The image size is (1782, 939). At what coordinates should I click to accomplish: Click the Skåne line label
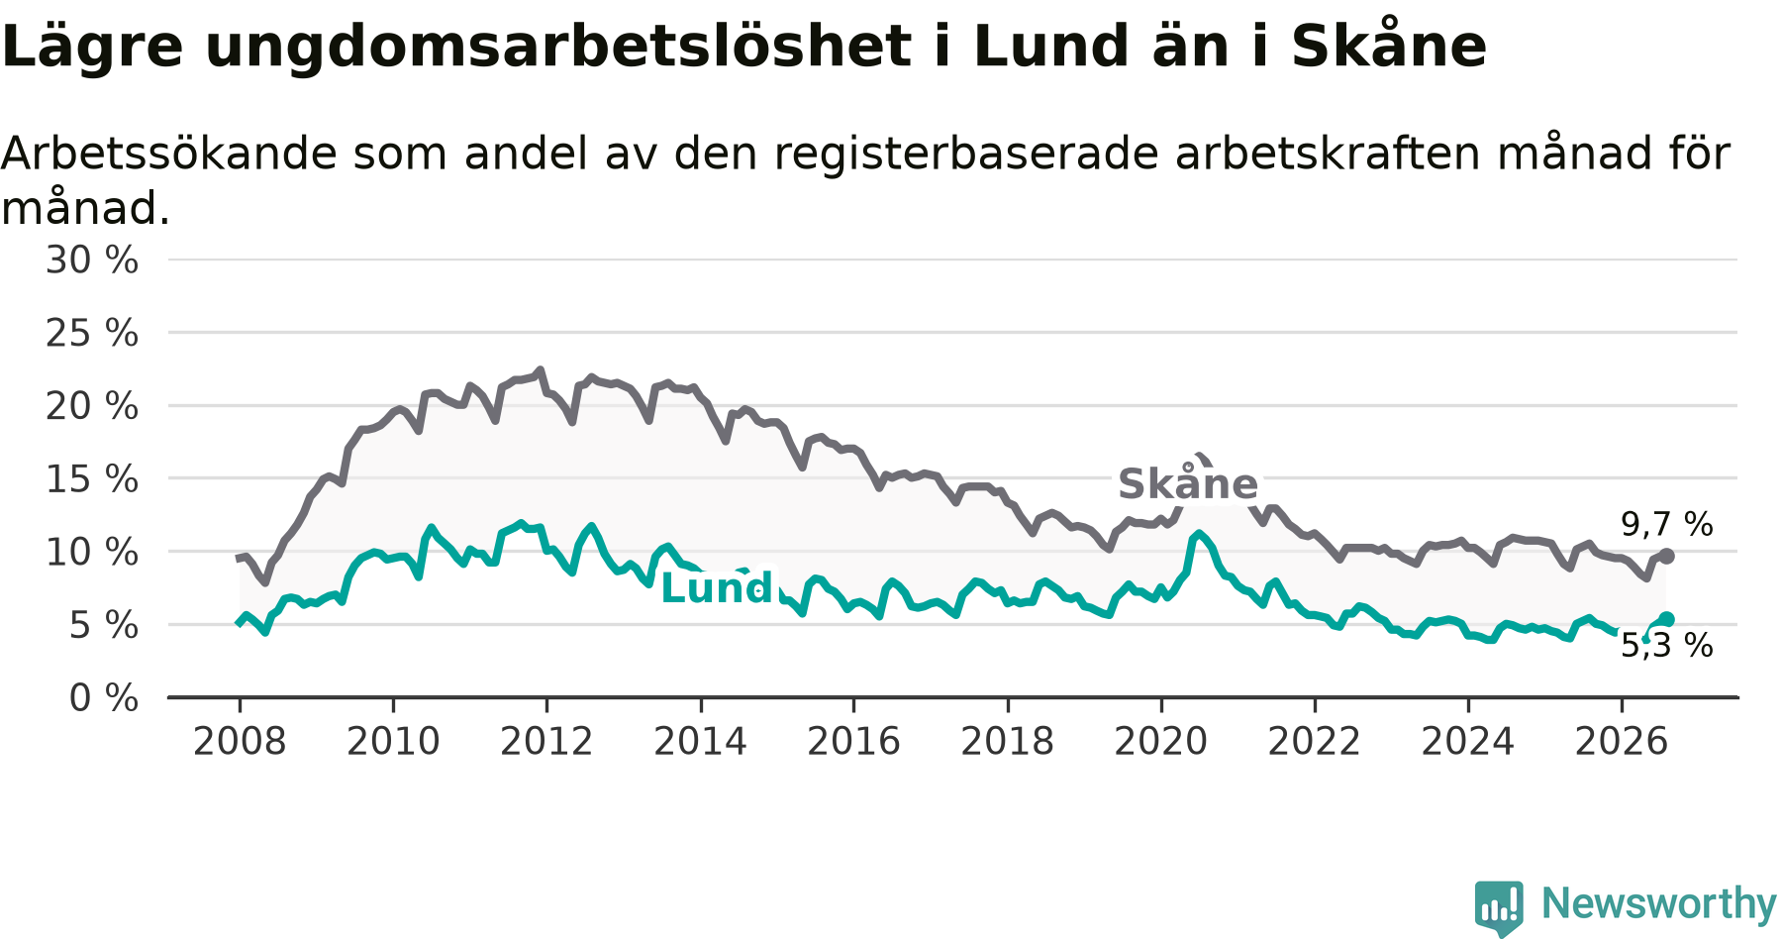(x=1187, y=483)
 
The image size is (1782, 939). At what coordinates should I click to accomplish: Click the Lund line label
(x=716, y=587)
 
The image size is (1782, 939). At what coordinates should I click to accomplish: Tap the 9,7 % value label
(x=1666, y=524)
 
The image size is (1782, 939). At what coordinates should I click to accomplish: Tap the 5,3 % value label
(x=1666, y=646)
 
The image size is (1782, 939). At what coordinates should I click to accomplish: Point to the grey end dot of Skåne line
(x=1667, y=557)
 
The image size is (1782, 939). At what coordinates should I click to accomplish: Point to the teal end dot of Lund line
(x=1667, y=619)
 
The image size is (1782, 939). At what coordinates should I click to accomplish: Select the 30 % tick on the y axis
(x=92, y=261)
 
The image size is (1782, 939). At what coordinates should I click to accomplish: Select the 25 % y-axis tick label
(x=92, y=333)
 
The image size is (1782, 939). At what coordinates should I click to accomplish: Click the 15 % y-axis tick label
(x=92, y=479)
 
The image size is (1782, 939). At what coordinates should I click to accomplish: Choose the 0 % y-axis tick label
(x=104, y=698)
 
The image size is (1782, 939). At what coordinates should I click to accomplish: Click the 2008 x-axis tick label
(x=240, y=742)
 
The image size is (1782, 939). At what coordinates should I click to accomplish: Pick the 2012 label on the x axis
(x=546, y=742)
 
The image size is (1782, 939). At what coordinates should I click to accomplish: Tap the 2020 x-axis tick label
(x=1161, y=742)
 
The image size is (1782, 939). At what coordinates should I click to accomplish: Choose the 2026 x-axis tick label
(x=1622, y=742)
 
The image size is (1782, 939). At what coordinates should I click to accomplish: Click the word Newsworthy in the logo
(x=1659, y=903)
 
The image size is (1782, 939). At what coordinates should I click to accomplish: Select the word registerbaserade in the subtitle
(x=966, y=154)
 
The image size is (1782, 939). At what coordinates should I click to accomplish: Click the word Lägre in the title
(x=93, y=47)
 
